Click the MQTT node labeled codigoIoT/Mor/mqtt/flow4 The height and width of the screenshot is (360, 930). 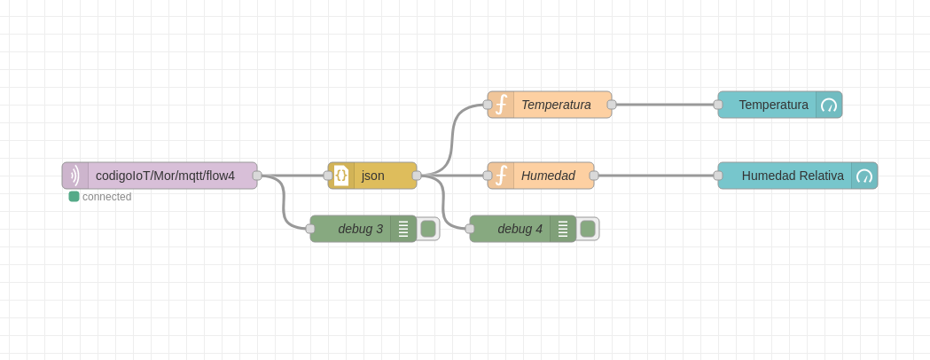164,176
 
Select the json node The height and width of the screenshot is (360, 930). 372,176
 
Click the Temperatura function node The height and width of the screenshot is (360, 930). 555,105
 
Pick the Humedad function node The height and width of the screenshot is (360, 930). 547,176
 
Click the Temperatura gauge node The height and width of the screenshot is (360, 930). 772,105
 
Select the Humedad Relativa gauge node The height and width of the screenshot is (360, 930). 792,176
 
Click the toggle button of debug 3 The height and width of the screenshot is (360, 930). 428,229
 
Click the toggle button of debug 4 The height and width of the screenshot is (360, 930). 588,229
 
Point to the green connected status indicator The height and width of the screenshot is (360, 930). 74,197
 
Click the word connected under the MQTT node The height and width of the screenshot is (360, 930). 106,197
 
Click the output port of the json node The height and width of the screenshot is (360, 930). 417,176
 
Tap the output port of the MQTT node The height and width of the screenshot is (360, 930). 257,176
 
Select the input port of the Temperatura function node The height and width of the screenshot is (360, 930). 488,105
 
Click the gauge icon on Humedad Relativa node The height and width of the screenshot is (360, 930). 864,176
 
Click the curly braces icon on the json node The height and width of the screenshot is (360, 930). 341,176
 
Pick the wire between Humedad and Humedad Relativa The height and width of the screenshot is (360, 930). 656,176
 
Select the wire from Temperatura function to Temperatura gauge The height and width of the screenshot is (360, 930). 665,105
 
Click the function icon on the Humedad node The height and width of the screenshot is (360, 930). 501,176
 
